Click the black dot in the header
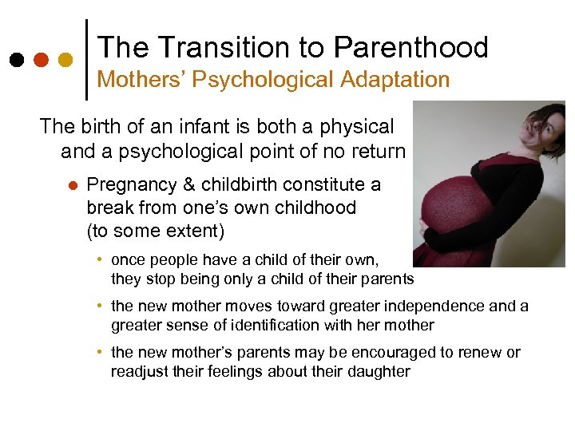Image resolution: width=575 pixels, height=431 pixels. [x=16, y=60]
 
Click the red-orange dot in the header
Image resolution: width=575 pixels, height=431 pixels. [x=41, y=60]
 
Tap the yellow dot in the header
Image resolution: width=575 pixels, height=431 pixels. [x=65, y=60]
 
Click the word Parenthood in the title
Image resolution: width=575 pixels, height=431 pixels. [x=410, y=48]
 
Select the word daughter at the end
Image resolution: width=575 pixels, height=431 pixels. [x=379, y=371]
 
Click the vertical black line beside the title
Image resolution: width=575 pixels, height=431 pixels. [x=86, y=60]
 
